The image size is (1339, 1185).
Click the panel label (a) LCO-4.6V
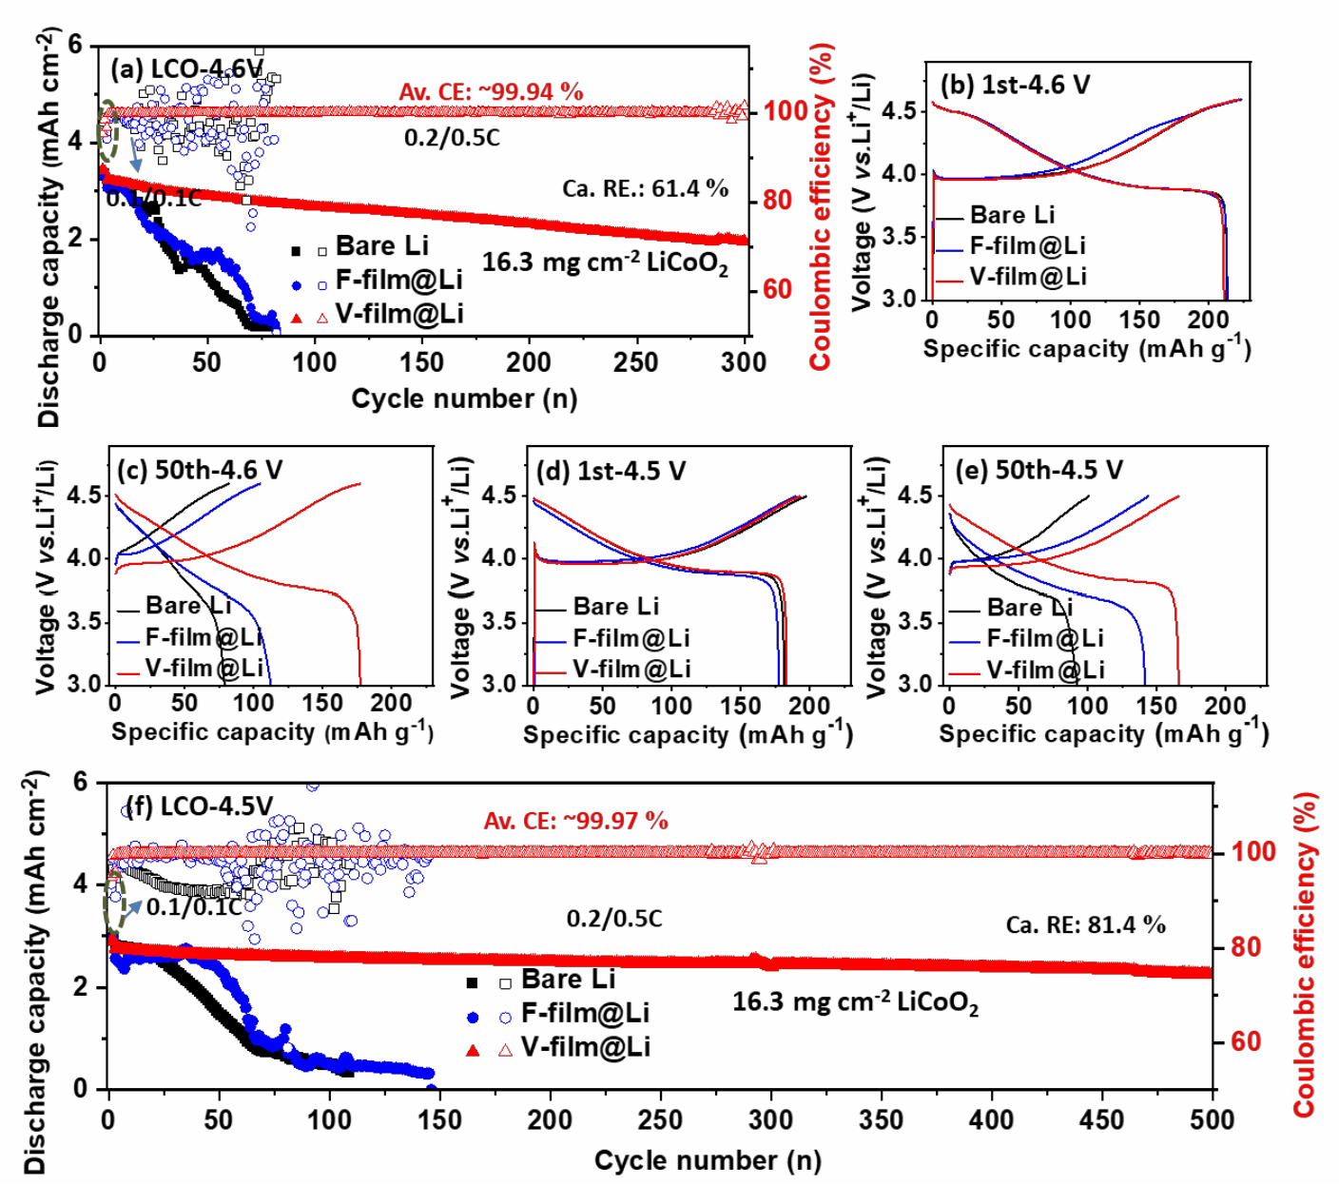click(186, 69)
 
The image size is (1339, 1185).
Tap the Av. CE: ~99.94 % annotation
click(491, 92)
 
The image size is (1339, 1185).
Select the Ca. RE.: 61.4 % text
click(645, 188)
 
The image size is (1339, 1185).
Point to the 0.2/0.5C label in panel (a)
click(452, 138)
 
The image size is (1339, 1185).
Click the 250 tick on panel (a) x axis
click(635, 362)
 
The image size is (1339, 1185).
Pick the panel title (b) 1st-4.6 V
click(1015, 85)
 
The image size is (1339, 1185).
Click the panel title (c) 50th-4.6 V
click(200, 471)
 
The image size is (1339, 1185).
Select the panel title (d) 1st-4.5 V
click(611, 472)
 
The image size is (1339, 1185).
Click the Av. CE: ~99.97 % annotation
click(575, 821)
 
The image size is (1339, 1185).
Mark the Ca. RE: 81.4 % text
click(1085, 924)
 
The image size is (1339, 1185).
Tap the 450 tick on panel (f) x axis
click(1102, 1119)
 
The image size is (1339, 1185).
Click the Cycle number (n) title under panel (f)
click(708, 1160)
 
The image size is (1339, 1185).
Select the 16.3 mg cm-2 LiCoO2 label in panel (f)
click(855, 1002)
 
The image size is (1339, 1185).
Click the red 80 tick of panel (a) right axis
click(778, 201)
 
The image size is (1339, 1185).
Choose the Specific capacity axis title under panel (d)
click(688, 734)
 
